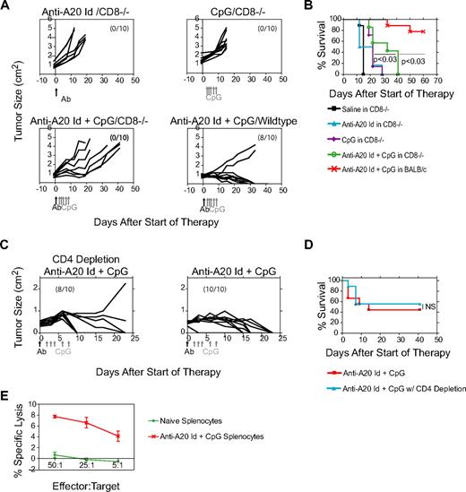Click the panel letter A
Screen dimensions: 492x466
pyautogui.click(x=6, y=7)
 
